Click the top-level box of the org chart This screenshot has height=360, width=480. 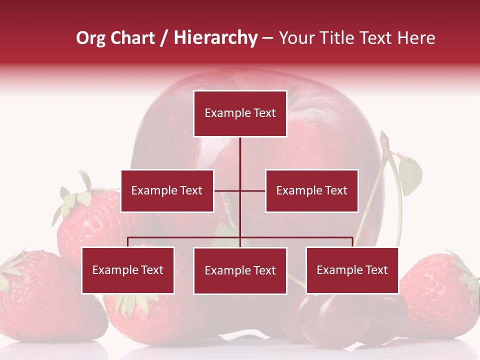click(240, 113)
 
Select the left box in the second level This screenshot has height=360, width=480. click(167, 191)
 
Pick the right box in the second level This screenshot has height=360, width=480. click(311, 191)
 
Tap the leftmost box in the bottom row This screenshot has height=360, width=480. click(128, 270)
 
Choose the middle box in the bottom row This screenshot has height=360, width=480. click(240, 271)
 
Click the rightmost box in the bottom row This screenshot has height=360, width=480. click(352, 270)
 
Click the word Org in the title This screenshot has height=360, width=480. click(90, 38)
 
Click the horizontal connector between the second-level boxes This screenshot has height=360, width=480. click(239, 190)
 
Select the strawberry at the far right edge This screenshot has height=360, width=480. click(440, 295)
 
